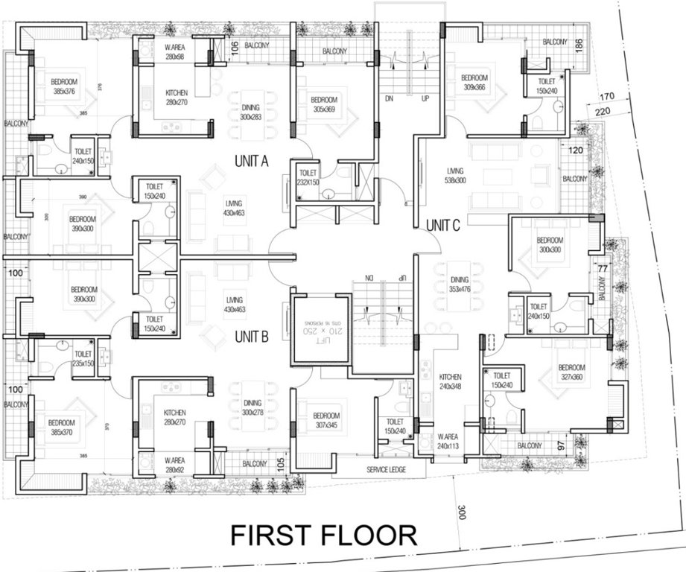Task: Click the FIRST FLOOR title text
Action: click(x=323, y=536)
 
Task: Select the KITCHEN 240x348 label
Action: click(x=451, y=381)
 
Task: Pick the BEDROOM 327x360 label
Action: click(x=572, y=372)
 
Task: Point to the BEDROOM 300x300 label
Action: click(x=550, y=245)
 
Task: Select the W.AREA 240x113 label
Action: click(x=450, y=442)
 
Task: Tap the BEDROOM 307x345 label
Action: click(x=326, y=420)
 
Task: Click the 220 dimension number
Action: click(x=603, y=112)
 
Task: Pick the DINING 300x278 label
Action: click(x=253, y=407)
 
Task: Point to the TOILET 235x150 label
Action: click(x=83, y=358)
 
